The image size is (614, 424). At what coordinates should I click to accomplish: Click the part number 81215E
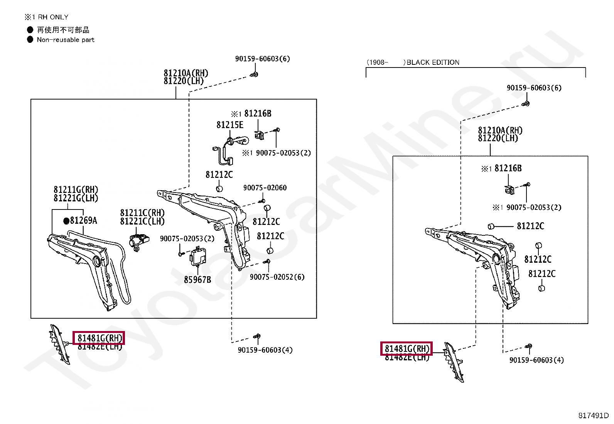click(230, 125)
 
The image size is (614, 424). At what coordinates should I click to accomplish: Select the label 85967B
click(197, 279)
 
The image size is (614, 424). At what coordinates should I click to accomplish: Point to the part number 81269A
click(83, 221)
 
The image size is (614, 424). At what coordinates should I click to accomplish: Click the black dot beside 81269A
click(66, 221)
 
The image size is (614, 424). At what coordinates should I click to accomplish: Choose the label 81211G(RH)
click(76, 190)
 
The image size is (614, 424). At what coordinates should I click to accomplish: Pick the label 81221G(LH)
click(76, 198)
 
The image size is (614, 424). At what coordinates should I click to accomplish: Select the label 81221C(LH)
click(142, 221)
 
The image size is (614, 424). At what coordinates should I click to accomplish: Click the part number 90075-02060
click(265, 188)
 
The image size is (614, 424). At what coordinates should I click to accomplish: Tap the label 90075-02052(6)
click(277, 277)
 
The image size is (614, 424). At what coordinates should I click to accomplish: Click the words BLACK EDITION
click(433, 63)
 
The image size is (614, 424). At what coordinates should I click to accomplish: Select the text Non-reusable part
click(66, 40)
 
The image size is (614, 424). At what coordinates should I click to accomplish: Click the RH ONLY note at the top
click(46, 17)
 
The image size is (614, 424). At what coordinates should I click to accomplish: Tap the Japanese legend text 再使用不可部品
click(63, 30)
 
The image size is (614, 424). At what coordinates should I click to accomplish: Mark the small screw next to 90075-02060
click(262, 201)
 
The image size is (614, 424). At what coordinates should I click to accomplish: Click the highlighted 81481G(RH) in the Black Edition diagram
click(407, 349)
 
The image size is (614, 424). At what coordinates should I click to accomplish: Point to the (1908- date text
click(377, 63)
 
